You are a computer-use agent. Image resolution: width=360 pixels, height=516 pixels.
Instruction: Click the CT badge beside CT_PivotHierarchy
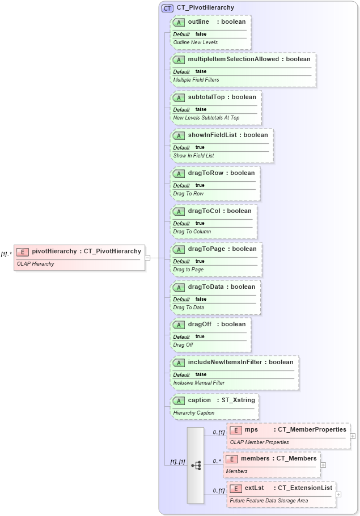167,8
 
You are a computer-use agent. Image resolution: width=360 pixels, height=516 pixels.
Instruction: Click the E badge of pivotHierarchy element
23,251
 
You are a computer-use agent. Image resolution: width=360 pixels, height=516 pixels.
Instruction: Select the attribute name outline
198,22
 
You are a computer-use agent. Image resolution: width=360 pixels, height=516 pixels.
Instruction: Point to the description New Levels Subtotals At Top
206,118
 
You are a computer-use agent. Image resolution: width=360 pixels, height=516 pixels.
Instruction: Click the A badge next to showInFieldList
179,135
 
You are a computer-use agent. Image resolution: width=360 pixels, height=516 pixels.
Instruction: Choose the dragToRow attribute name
205,173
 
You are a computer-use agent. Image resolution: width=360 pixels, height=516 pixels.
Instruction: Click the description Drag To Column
192,231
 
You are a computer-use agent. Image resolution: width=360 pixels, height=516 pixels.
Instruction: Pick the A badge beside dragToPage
179,249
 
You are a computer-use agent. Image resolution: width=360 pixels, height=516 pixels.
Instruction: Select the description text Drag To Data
188,307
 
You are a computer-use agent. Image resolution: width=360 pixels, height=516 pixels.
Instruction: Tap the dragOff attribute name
200,324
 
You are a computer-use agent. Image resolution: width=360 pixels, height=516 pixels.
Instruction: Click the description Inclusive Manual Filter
198,383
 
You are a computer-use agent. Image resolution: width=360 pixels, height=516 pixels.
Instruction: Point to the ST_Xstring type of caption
238,400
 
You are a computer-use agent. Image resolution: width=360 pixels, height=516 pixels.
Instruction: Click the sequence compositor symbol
196,465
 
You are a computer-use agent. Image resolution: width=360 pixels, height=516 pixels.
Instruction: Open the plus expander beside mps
353,436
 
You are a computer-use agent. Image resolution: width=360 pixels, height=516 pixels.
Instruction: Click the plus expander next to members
323,465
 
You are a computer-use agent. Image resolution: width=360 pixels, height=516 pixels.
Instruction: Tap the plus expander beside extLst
338,494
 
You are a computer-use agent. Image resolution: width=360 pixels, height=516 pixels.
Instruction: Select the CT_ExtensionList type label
304,488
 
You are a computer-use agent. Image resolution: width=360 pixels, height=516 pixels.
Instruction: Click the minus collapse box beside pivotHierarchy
147,258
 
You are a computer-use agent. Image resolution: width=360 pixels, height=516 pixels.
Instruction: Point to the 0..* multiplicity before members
216,461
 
